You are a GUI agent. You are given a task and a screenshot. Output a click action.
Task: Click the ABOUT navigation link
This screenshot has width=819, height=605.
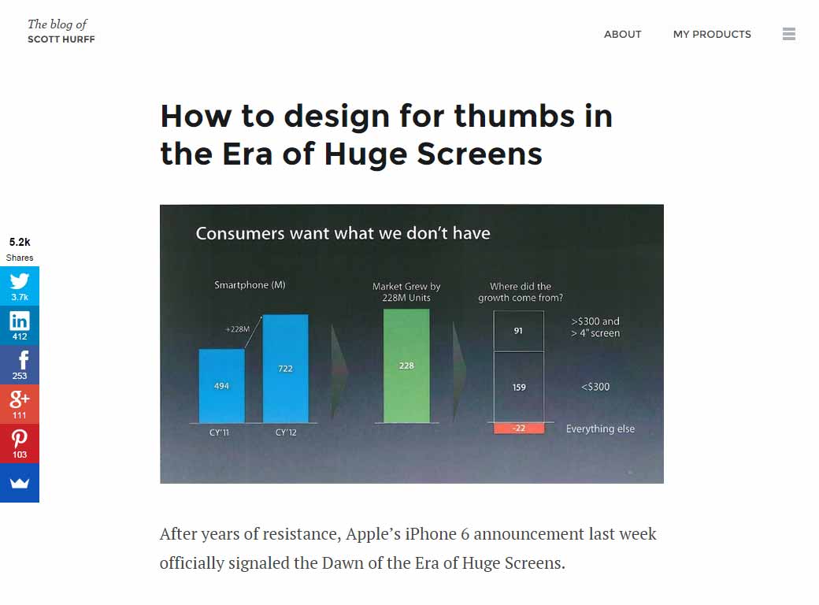click(x=622, y=34)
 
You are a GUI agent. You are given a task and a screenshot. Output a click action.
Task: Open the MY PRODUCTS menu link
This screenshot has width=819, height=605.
click(x=712, y=34)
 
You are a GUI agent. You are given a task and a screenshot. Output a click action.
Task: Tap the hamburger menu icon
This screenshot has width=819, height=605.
click(x=789, y=34)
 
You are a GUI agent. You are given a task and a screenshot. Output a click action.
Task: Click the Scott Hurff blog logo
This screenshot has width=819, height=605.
click(x=61, y=32)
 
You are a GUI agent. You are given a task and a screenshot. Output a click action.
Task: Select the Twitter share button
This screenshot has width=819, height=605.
click(x=20, y=285)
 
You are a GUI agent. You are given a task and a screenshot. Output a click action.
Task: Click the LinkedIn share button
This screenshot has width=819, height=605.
click(x=20, y=325)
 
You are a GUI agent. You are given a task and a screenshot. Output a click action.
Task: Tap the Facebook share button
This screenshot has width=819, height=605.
click(x=20, y=364)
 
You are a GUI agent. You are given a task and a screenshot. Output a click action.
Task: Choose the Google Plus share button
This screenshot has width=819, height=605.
click(x=20, y=403)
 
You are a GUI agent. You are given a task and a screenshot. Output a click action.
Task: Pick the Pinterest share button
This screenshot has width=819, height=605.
click(x=20, y=443)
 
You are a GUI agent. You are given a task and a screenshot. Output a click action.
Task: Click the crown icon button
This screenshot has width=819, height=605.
click(x=20, y=482)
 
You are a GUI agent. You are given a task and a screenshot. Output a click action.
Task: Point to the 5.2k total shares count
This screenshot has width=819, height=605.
click(x=20, y=243)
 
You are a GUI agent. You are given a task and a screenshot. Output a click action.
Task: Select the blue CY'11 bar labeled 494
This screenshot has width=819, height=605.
click(x=221, y=386)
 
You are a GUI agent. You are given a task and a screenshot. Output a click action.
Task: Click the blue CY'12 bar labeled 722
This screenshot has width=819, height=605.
click(x=285, y=369)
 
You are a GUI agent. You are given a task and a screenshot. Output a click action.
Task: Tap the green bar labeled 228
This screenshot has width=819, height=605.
click(x=406, y=366)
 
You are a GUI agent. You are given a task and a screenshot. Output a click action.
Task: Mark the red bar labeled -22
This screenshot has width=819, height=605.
click(x=518, y=429)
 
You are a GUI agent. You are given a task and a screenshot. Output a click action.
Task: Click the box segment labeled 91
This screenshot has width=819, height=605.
click(x=518, y=331)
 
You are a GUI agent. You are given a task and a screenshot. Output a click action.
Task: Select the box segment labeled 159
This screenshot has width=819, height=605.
click(x=518, y=387)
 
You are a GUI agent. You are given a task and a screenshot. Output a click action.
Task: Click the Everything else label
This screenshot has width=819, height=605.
click(x=600, y=429)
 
